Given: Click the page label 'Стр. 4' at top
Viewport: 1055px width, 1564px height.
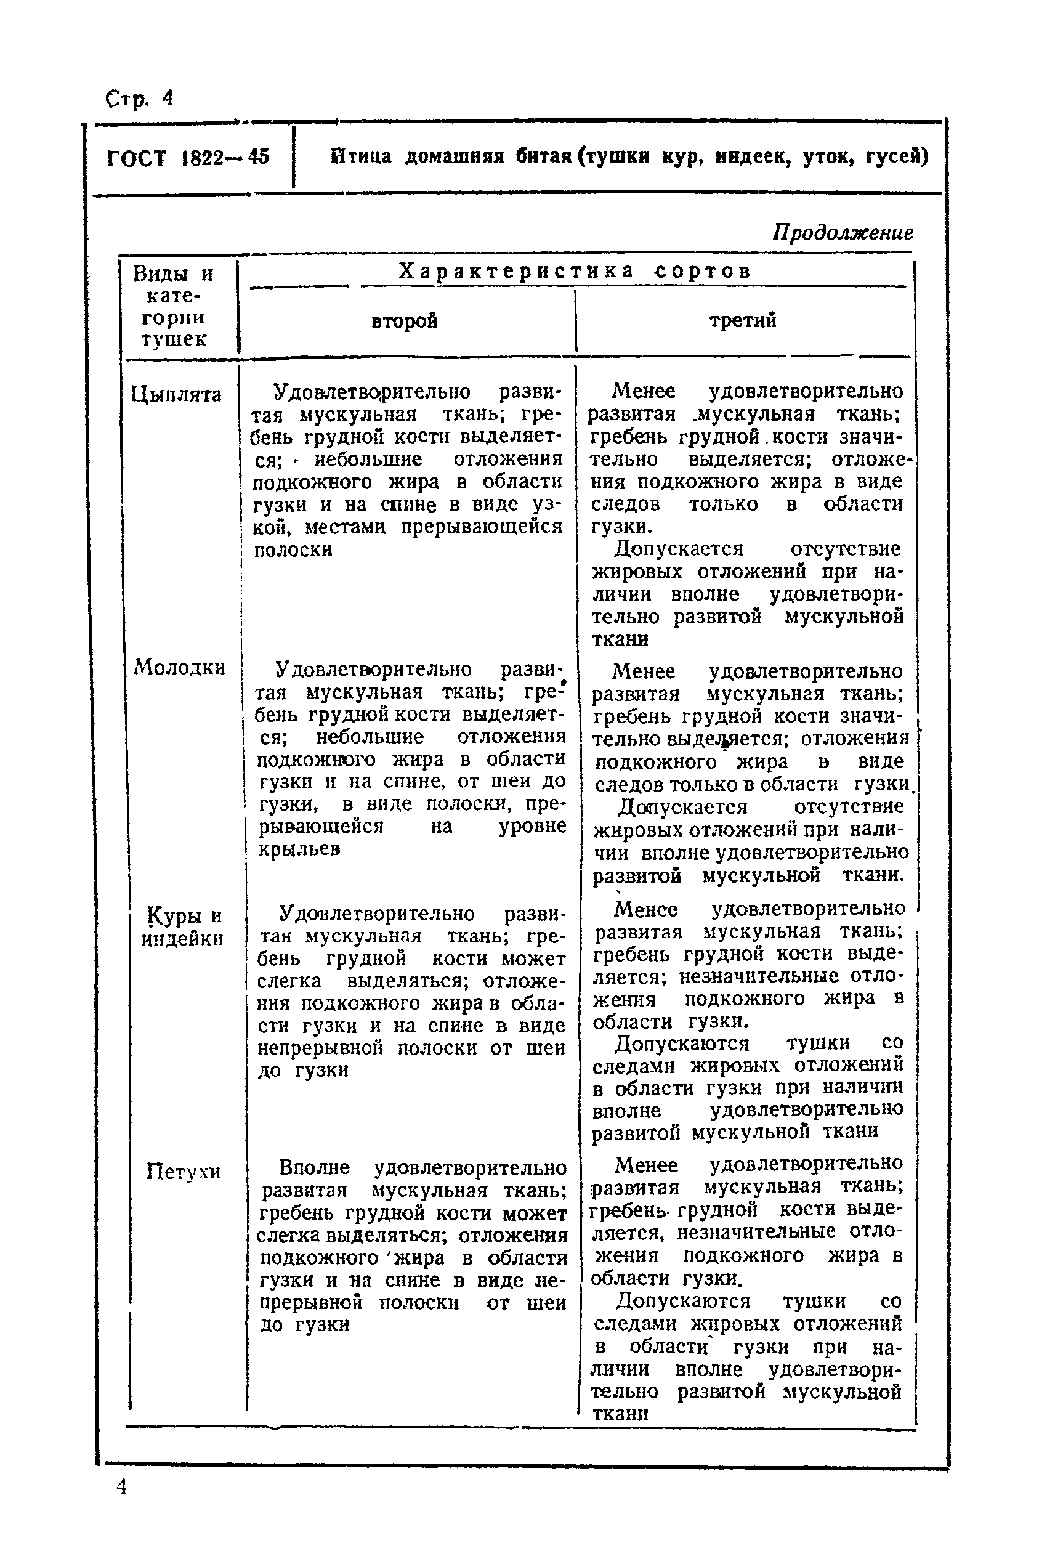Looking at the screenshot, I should pos(139,99).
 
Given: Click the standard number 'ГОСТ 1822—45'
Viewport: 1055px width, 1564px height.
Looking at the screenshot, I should pos(188,158).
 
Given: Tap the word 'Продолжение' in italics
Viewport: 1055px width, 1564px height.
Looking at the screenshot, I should pos(843,232).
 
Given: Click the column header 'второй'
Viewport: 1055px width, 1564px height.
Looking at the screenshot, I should pos(405,320).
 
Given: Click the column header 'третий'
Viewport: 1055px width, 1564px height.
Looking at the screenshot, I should pos(742,320).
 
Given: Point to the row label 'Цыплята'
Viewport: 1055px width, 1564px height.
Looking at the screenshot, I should pos(176,394).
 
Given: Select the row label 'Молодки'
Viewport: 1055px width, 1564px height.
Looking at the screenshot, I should pos(180,667).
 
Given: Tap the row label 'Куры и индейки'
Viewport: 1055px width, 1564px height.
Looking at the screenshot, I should pos(182,926).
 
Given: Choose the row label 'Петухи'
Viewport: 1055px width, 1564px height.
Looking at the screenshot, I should pos(183,1172).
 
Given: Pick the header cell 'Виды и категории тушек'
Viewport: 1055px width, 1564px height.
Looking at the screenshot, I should pos(174,306).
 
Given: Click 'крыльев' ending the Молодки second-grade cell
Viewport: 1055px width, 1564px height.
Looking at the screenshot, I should pos(300,849).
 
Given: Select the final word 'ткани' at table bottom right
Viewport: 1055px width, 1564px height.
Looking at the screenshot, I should pos(620,1413).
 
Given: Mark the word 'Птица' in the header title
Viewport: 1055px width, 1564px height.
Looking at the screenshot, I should pos(362,157).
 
